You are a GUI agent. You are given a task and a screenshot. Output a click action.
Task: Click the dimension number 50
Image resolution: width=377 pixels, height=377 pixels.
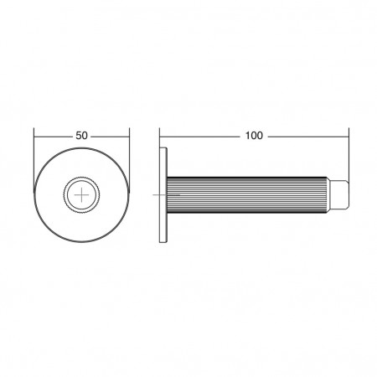pyautogui.click(x=81, y=136)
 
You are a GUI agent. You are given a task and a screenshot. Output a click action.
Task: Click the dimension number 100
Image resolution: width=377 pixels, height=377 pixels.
pyautogui.click(x=254, y=136)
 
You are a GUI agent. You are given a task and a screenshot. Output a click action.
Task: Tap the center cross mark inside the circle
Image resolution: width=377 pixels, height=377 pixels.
pyautogui.click(x=81, y=194)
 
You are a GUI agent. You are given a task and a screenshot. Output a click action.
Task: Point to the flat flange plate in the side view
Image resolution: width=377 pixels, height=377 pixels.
pyautogui.click(x=163, y=194)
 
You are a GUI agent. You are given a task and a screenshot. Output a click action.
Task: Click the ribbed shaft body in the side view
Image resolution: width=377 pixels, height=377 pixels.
pyautogui.click(x=247, y=194)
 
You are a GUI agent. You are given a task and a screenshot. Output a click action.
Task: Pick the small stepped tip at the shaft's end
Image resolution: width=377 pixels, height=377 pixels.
pyautogui.click(x=338, y=194)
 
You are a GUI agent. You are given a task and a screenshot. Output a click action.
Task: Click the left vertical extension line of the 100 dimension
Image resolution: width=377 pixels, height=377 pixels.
pyautogui.click(x=159, y=137)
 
